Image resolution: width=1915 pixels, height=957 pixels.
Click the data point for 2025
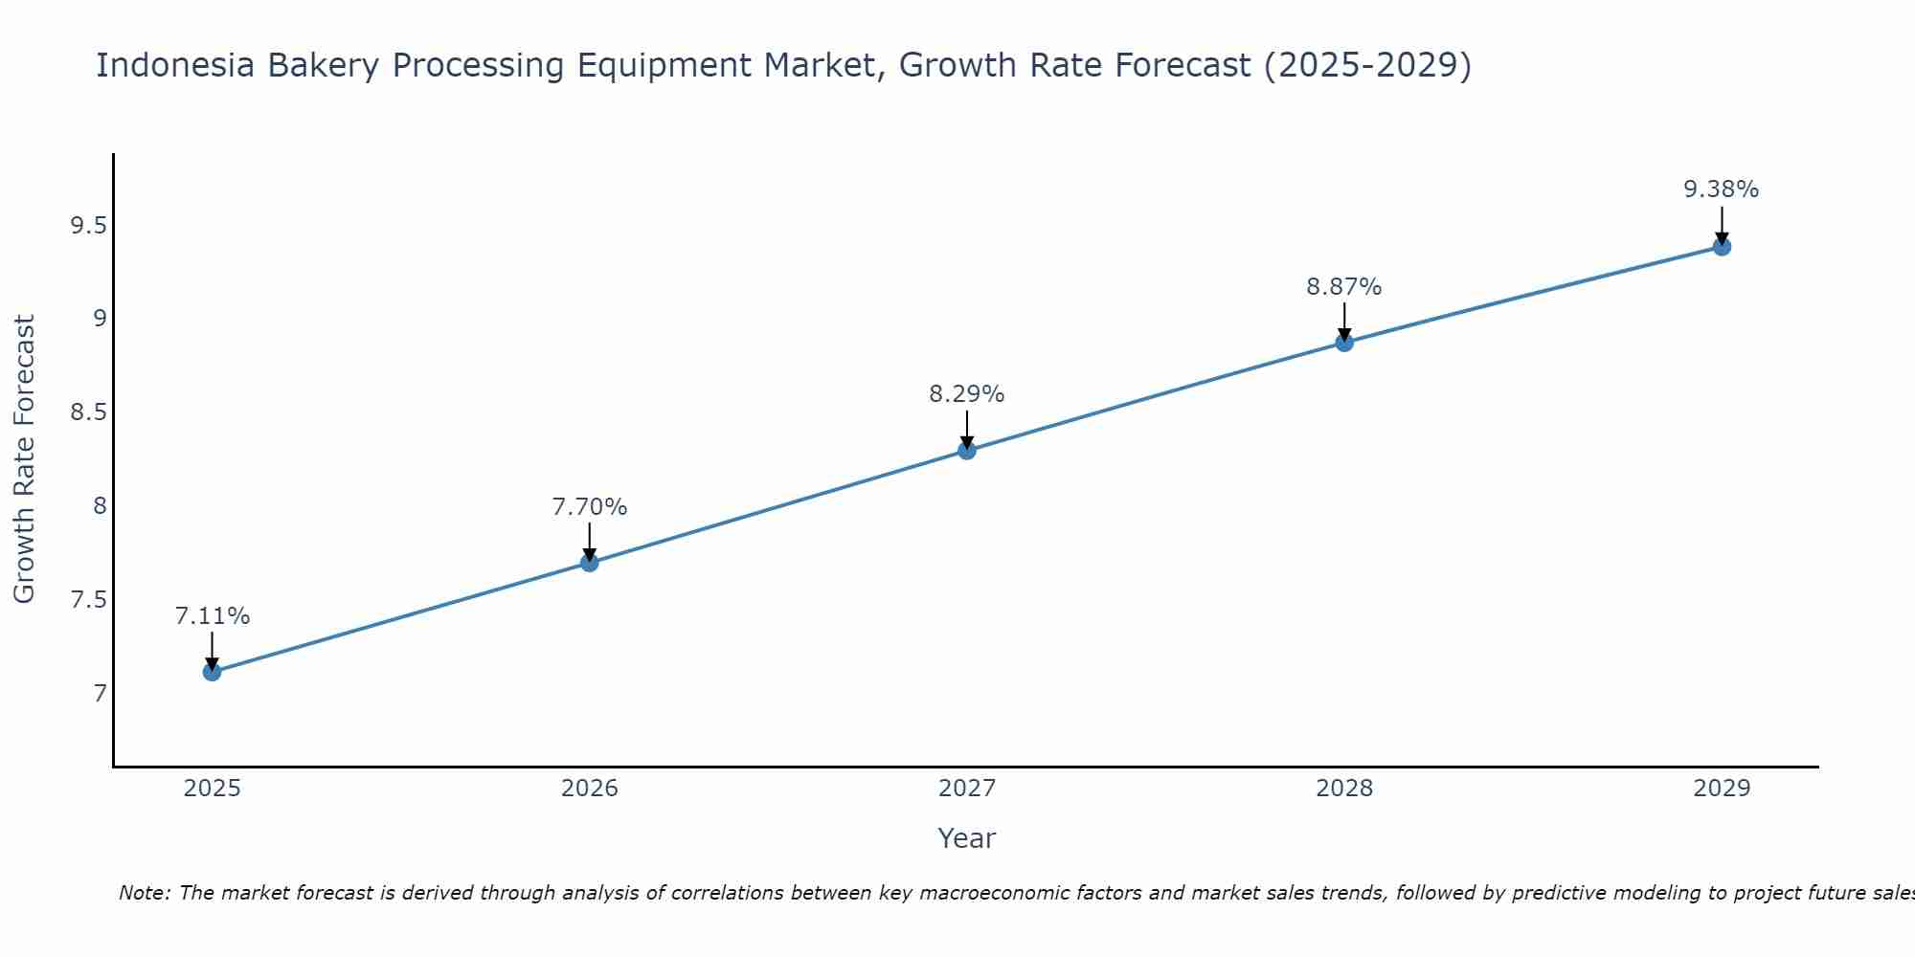(212, 672)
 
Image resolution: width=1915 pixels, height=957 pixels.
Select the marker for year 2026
(590, 563)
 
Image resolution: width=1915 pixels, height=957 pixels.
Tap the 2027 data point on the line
(967, 450)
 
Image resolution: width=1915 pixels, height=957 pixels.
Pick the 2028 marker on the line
(1344, 343)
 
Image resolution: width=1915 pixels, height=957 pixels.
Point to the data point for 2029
(1722, 247)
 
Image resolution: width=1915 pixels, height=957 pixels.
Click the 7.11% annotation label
(213, 616)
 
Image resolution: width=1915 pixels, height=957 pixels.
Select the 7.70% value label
(590, 507)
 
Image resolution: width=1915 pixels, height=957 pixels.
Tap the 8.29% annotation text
(967, 394)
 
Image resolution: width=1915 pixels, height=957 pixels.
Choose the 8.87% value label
(1344, 287)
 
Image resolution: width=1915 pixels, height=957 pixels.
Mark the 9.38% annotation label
(1722, 189)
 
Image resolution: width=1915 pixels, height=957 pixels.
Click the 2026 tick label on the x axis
(590, 789)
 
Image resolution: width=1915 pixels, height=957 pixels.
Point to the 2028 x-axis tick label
(1344, 789)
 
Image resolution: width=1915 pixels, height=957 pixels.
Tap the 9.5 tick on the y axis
(88, 226)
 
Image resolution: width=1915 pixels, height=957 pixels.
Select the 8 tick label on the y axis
(100, 506)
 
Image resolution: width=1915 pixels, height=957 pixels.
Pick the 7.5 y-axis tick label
(88, 600)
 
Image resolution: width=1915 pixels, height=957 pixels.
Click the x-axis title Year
(967, 838)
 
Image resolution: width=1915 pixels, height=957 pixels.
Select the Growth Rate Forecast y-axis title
(24, 459)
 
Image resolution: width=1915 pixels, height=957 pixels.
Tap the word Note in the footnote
(144, 893)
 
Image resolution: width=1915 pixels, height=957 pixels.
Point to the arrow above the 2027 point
(967, 430)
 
